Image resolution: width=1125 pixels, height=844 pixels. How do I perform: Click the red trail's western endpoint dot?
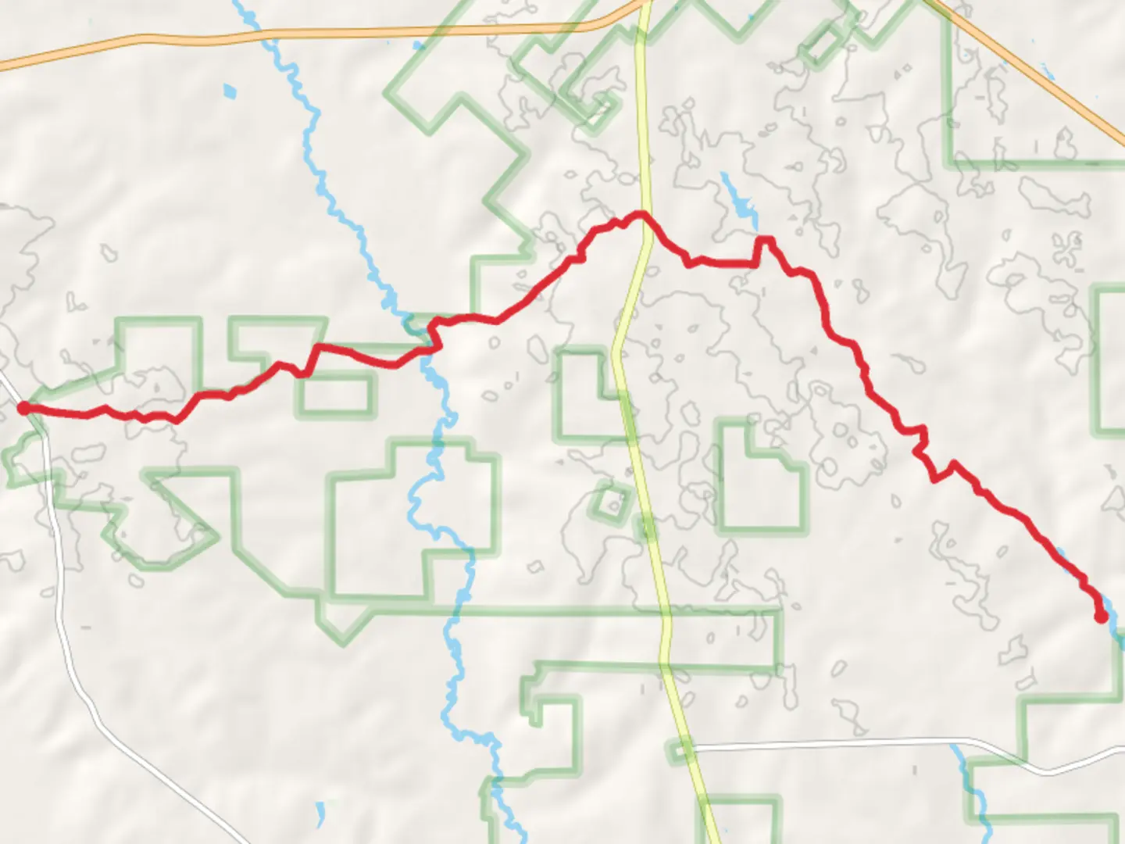tap(24, 407)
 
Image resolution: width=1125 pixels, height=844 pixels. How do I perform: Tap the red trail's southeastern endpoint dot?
tap(1102, 617)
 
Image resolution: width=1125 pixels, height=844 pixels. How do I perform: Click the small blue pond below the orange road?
tap(228, 91)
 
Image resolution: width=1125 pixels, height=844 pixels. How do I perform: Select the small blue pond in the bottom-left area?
tap(320, 814)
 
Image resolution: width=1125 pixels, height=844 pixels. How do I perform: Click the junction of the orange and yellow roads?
tap(642, 6)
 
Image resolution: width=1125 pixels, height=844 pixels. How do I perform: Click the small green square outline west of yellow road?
tap(612, 502)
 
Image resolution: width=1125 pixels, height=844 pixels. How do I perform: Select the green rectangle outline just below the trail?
tap(335, 394)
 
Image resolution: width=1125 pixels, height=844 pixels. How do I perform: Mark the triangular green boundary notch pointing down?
tap(342, 625)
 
